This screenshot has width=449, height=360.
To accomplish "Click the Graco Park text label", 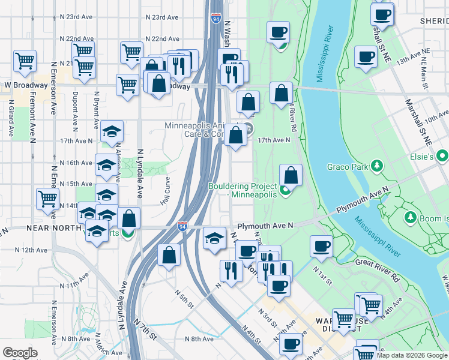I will click(347, 167).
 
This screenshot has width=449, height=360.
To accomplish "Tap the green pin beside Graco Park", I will click(376, 165).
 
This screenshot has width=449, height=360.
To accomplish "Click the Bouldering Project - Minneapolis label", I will click(243, 190).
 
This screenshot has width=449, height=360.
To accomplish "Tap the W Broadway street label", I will click(24, 85).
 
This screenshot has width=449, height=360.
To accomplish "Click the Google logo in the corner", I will click(20, 353).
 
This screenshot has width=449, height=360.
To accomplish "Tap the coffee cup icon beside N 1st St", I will click(322, 246).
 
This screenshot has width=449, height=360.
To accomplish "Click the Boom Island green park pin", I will click(411, 217).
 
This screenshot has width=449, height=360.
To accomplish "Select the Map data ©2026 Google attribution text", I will click(412, 355).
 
